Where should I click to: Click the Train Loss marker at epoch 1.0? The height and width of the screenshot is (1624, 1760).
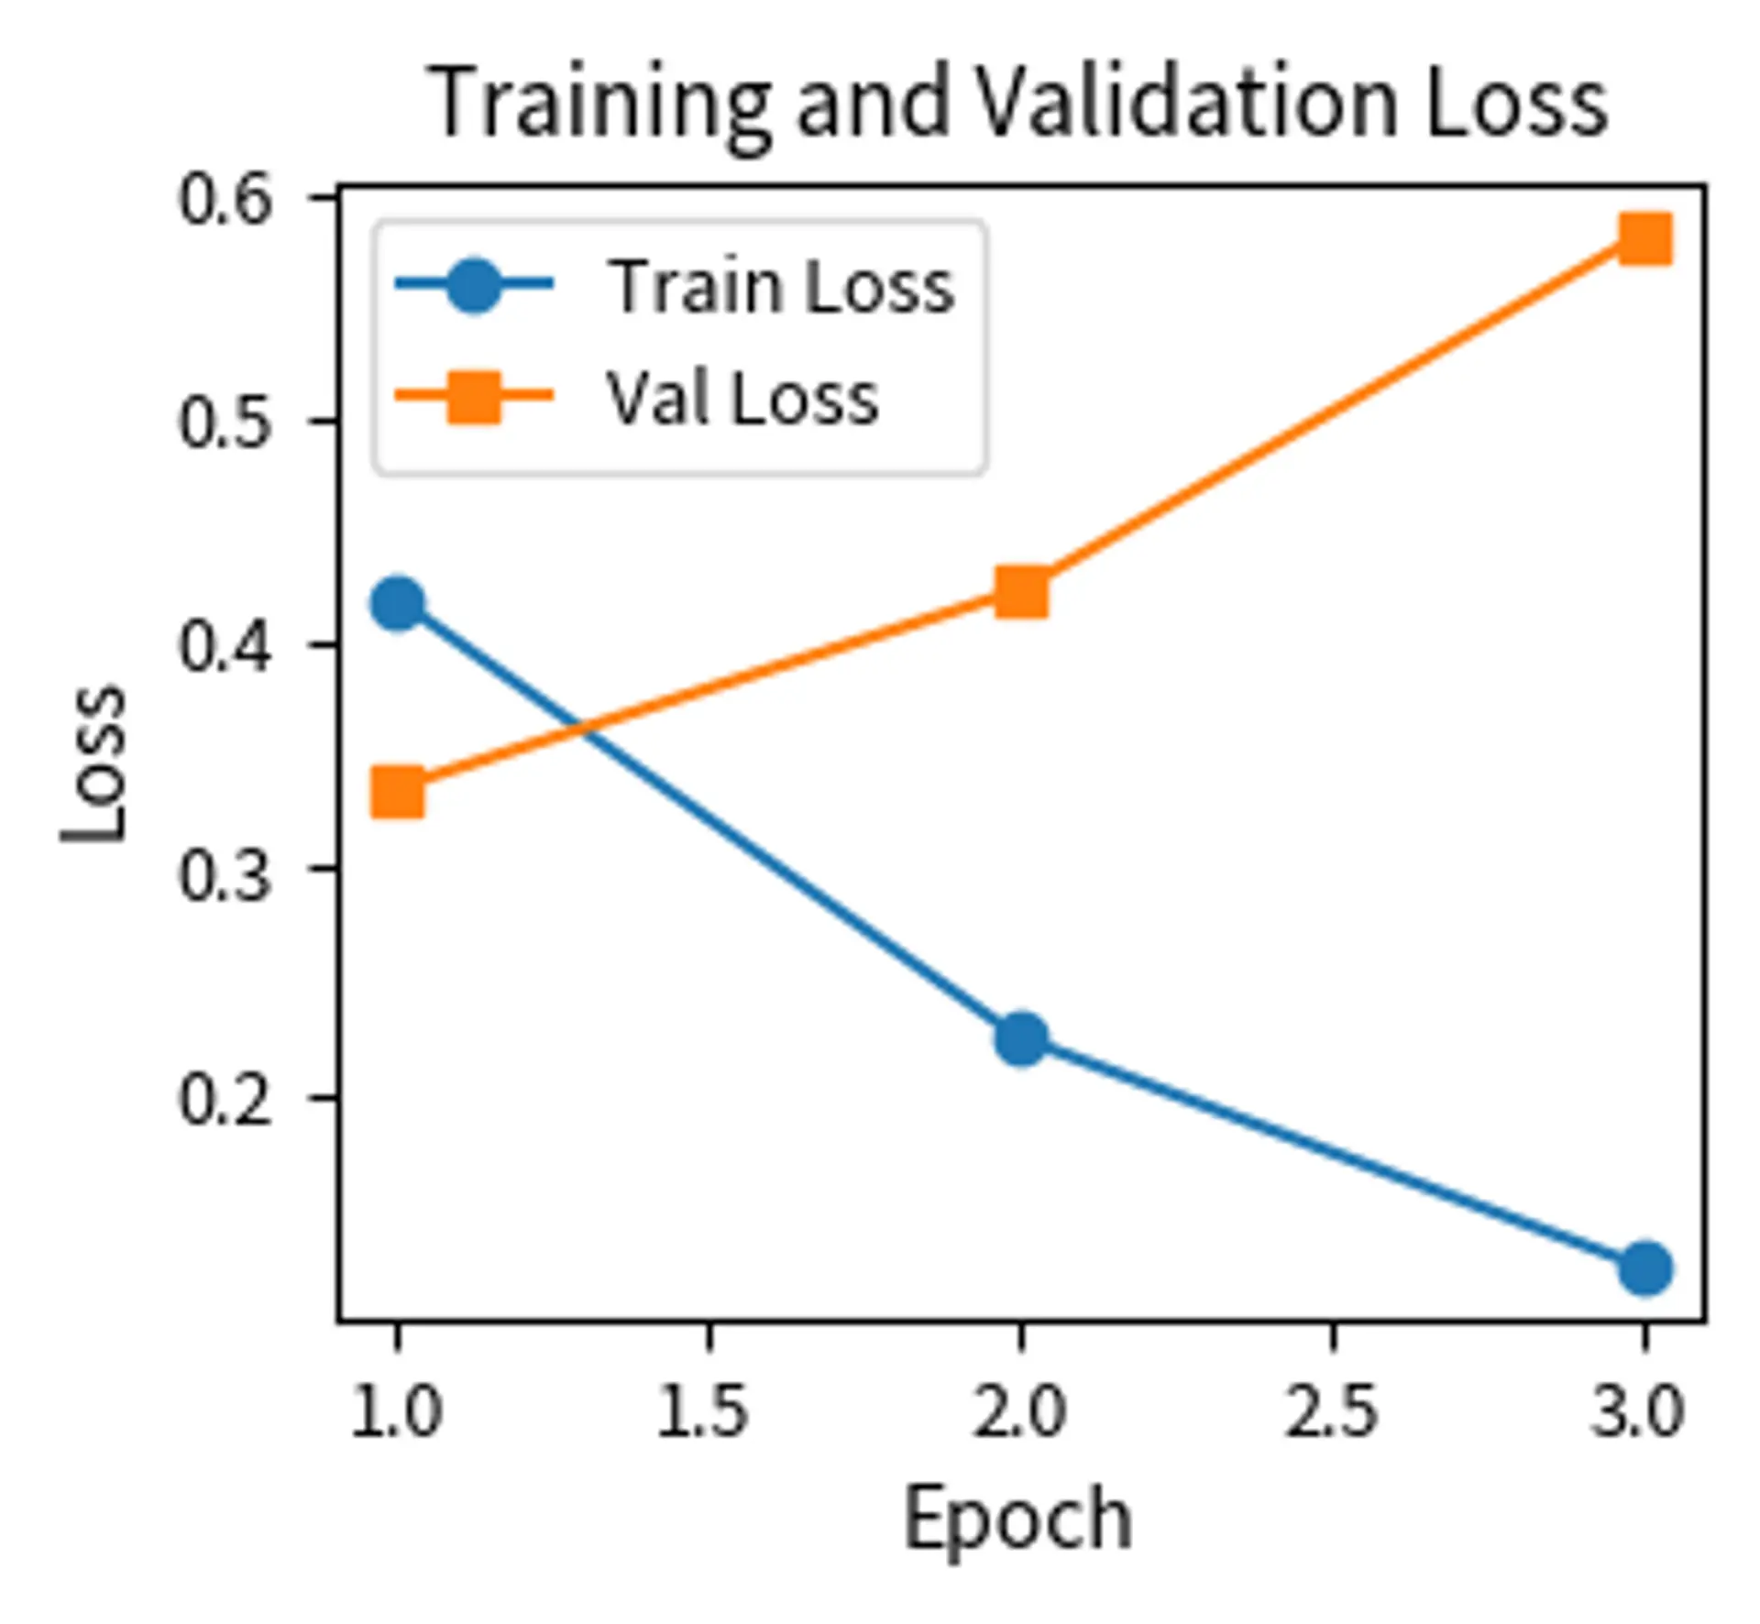(398, 603)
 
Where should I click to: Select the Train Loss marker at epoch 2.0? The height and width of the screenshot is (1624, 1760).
(1021, 1038)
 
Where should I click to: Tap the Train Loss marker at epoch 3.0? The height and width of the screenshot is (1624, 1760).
(1645, 1268)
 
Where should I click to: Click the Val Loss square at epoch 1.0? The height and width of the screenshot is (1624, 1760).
(398, 792)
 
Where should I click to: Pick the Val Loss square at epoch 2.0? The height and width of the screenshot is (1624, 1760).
(1021, 592)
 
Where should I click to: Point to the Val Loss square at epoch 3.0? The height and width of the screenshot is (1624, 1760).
(1645, 239)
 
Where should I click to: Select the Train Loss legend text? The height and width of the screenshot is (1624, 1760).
(781, 286)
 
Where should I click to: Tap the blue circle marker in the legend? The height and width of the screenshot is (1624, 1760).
(473, 286)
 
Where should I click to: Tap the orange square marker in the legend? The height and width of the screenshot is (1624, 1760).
(473, 398)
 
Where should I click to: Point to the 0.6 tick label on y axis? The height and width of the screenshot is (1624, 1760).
(225, 201)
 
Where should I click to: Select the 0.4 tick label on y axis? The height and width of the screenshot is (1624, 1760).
(225, 649)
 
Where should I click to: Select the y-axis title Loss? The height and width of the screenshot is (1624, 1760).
(93, 763)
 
